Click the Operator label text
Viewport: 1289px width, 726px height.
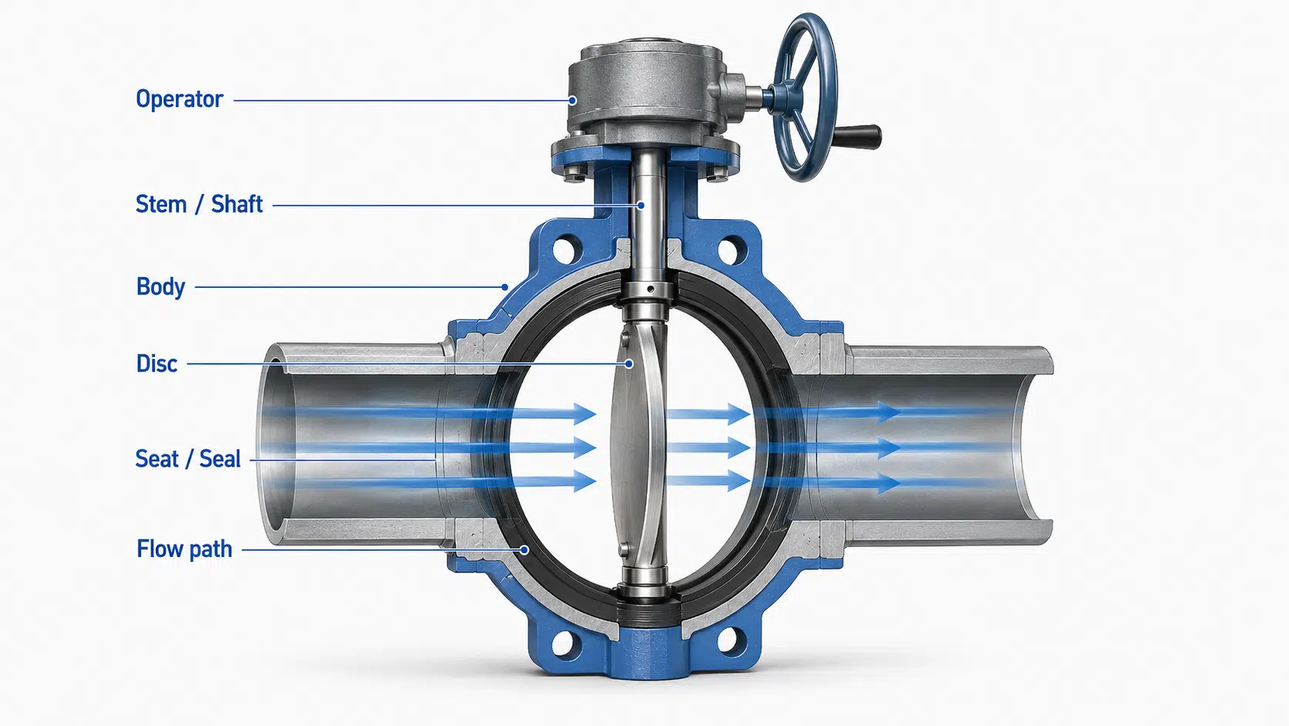click(x=179, y=100)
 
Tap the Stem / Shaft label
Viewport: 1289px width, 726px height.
click(x=199, y=204)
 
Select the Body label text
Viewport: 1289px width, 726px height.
click(x=160, y=287)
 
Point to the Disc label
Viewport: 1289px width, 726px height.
click(x=156, y=364)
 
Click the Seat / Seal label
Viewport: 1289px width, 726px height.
click(x=187, y=459)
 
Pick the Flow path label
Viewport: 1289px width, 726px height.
click(x=184, y=549)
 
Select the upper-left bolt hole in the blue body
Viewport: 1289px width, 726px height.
click(x=565, y=250)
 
